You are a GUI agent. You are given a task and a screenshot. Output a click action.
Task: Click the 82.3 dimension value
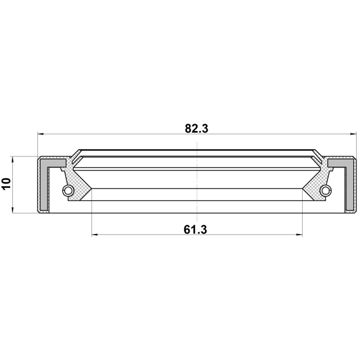pos(196,129)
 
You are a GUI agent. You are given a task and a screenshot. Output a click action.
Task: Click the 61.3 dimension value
pos(195,229)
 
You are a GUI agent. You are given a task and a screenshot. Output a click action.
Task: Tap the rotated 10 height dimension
pos(6,184)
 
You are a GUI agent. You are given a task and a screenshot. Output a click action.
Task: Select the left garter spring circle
pos(68,190)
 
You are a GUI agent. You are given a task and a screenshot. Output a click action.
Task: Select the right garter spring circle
pos(326,190)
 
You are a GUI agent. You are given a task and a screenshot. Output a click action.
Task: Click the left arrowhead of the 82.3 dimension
pos(40,134)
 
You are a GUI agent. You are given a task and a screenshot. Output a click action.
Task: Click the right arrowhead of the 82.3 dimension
pos(353,134)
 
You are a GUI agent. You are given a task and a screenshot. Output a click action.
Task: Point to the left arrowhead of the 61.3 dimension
pos(94,235)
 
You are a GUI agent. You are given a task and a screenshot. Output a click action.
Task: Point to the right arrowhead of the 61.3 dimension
pos(299,235)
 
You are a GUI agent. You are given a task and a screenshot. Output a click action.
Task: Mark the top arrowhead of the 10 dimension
pos(13,159)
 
